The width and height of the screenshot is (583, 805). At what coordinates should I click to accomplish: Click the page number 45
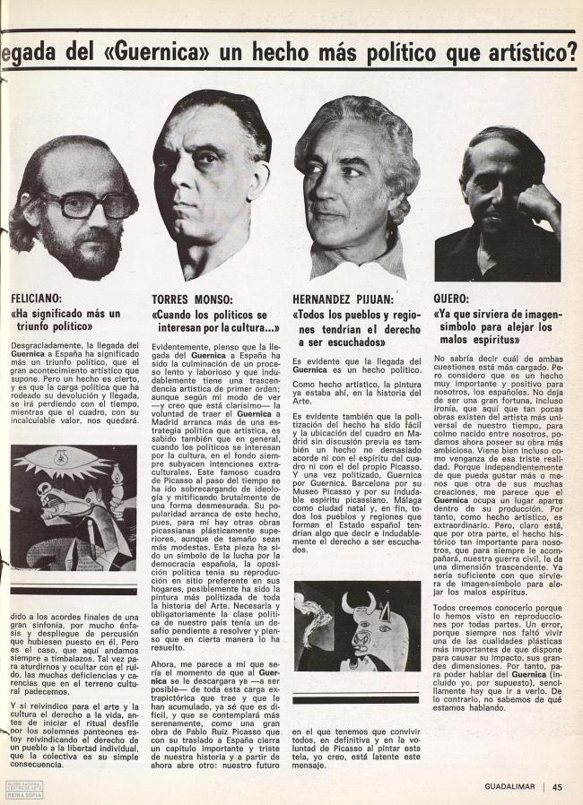click(557, 788)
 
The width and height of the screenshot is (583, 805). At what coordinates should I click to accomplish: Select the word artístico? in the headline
click(522, 51)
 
